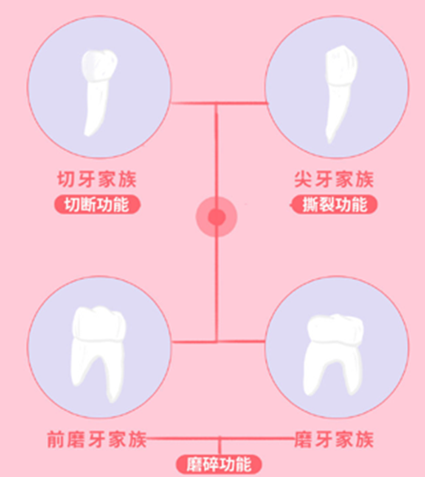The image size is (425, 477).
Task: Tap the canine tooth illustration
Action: pyautogui.click(x=339, y=91)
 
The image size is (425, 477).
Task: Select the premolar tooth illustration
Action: pyautogui.click(x=98, y=353)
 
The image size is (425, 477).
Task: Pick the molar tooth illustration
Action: pyautogui.click(x=334, y=354)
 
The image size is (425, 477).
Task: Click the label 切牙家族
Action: pyautogui.click(x=97, y=179)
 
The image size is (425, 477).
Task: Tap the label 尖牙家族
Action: pyautogui.click(x=334, y=179)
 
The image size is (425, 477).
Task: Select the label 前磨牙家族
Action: pyautogui.click(x=97, y=439)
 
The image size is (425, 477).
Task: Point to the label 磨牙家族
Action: pyautogui.click(x=334, y=439)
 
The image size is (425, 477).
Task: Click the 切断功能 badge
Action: pyautogui.click(x=97, y=204)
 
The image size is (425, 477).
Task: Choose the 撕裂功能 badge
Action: pyautogui.click(x=335, y=204)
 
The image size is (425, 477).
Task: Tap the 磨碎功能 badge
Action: pyautogui.click(x=219, y=464)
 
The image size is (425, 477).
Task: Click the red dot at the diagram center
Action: pyautogui.click(x=217, y=217)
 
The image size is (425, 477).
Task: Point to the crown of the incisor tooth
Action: pyautogui.click(x=99, y=65)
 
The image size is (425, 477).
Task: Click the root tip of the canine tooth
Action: pyautogui.click(x=329, y=141)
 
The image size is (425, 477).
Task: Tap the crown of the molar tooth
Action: pyautogui.click(x=336, y=330)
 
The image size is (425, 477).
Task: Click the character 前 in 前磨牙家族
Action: pyautogui.click(x=56, y=440)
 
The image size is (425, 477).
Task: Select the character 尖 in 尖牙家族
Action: pyautogui.click(x=303, y=179)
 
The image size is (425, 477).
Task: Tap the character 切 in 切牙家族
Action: pyautogui.click(x=66, y=179)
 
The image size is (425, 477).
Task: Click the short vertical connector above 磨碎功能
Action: pyautogui.click(x=219, y=446)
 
